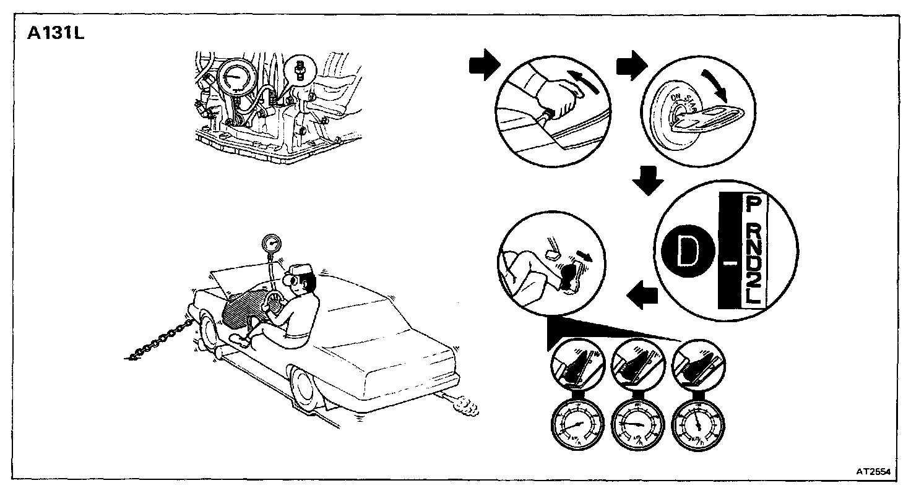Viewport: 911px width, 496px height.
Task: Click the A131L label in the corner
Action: (55, 33)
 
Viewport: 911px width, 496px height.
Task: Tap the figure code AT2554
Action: (873, 471)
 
